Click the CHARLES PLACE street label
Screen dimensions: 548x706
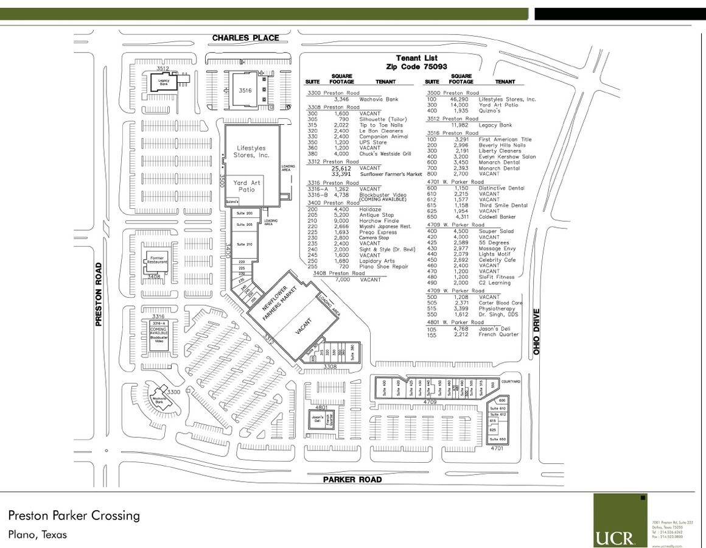coord(245,38)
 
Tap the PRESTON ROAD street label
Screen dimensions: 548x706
coord(99,295)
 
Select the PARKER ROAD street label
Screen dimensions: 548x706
coord(352,479)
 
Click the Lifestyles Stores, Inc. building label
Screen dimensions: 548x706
coord(251,152)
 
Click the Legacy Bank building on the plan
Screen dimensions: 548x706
coord(164,81)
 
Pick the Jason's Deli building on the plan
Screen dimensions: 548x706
coord(316,419)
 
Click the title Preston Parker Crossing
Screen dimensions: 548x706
coord(74,516)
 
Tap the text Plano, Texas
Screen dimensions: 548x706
coord(38,535)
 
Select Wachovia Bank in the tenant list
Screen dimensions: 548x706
coord(379,99)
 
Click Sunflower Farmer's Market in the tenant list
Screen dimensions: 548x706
coord(390,174)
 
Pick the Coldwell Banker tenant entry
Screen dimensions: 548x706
coord(497,217)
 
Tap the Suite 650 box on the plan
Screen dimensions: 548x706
coord(498,439)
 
